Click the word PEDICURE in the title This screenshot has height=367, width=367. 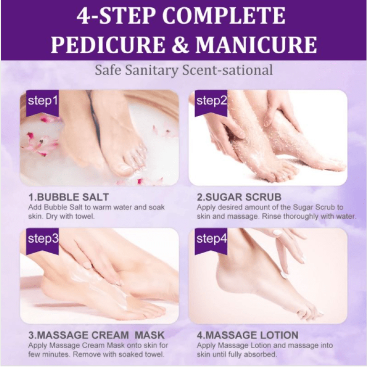click(x=108, y=44)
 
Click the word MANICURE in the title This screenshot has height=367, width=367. click(x=256, y=44)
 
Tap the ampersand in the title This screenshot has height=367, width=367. click(x=180, y=44)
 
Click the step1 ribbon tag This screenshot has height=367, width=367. click(x=42, y=102)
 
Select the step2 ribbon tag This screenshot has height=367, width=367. click(x=211, y=102)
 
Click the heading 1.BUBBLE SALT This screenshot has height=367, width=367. click(x=68, y=197)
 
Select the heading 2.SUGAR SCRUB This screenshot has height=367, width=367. click(x=239, y=197)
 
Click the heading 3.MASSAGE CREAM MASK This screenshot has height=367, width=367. click(x=96, y=335)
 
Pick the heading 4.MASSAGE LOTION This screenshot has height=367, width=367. click(x=248, y=335)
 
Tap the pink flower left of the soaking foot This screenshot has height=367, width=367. click(x=39, y=143)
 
